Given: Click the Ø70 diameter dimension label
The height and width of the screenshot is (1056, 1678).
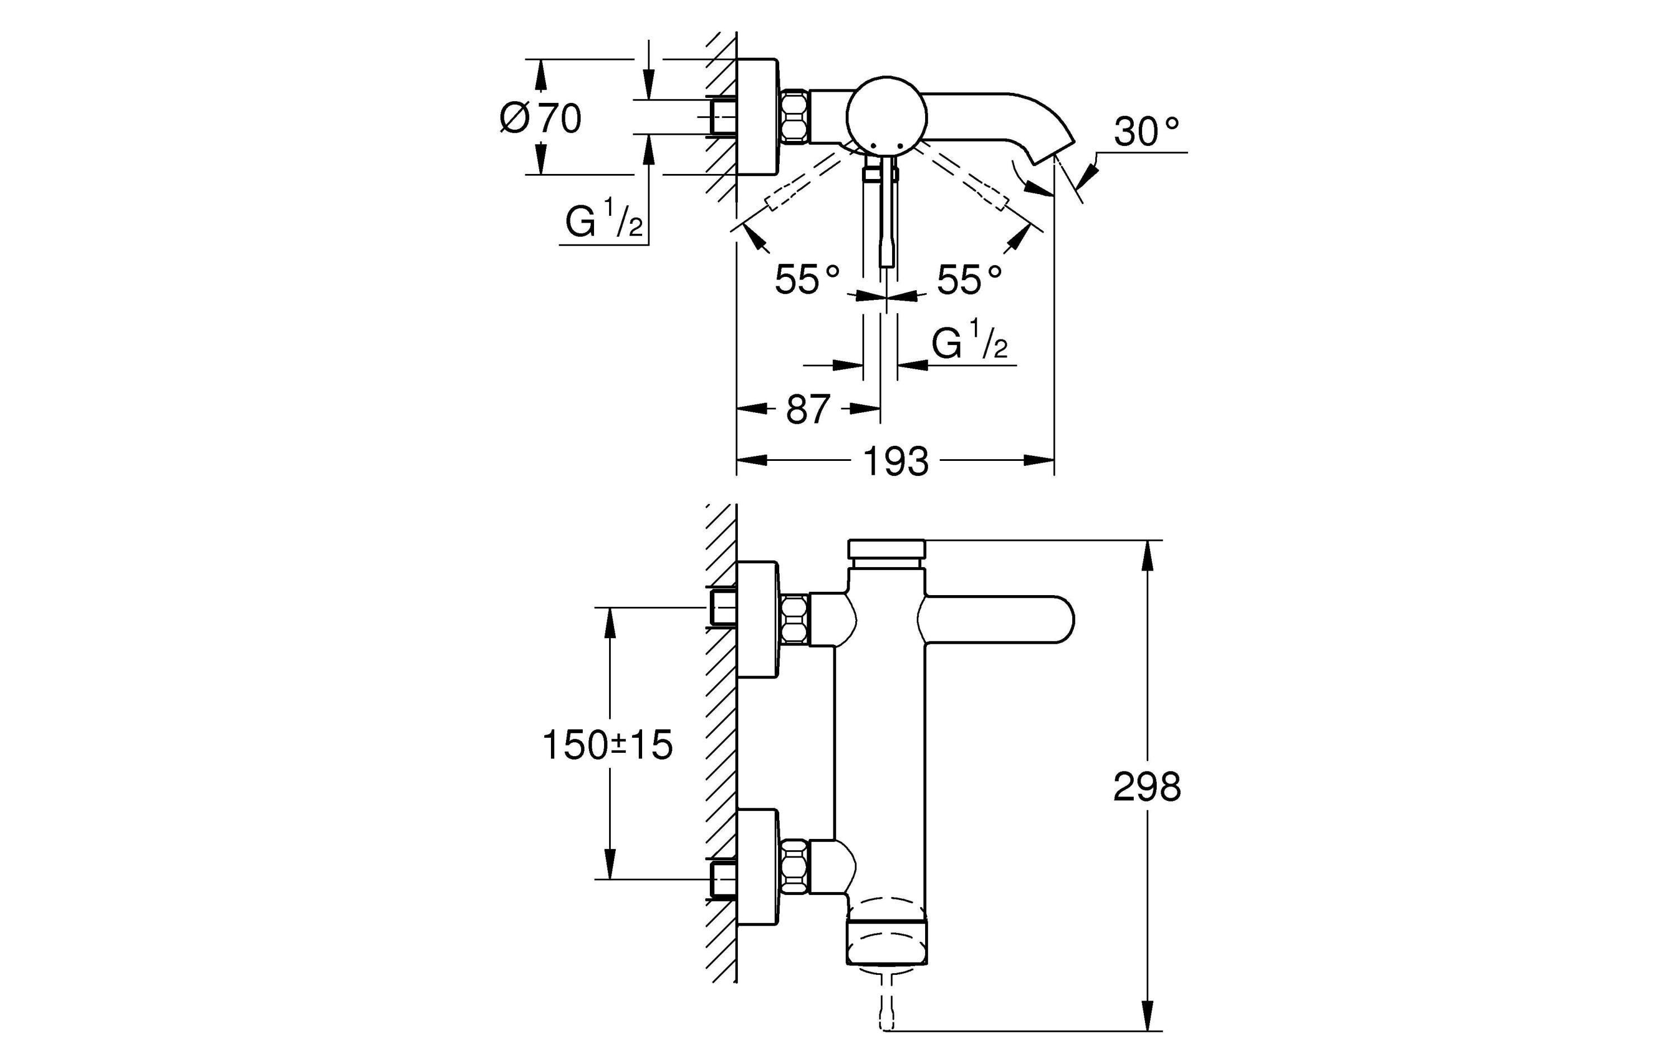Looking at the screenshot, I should coord(541,119).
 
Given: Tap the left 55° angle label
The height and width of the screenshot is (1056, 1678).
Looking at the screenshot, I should coord(807,280).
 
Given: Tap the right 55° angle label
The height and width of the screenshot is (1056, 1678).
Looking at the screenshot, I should coord(969,280).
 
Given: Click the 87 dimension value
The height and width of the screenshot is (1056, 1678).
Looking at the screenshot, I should coord(808,410).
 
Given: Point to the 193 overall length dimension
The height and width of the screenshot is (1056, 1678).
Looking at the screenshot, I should coord(895,461).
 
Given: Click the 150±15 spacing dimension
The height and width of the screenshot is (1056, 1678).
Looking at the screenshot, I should coord(607,744).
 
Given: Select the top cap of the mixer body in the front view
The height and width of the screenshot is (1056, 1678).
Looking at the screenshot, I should coord(887,548).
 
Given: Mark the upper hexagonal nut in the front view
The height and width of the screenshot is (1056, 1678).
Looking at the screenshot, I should coord(794,619).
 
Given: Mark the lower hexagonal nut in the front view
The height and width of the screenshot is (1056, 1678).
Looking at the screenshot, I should coord(794,866).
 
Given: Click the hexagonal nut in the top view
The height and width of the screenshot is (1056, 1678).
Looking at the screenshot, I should coord(794,116).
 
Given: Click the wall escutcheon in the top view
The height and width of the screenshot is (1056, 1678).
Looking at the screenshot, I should coord(757,116).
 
